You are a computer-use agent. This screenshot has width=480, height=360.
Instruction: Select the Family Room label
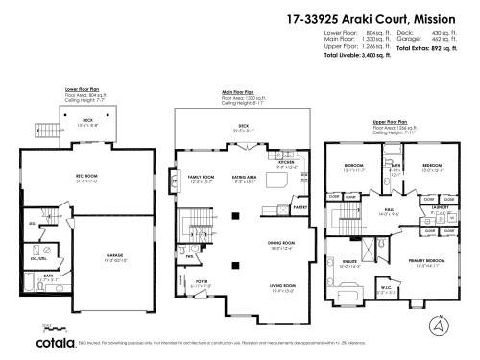click(x=202, y=178)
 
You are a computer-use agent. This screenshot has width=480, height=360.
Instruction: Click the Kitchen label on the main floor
click(x=285, y=162)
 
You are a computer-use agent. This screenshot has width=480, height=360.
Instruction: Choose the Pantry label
click(x=299, y=206)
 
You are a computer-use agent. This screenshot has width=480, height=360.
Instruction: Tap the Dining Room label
click(x=280, y=243)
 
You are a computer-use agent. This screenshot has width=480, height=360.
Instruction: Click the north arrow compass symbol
click(x=440, y=328)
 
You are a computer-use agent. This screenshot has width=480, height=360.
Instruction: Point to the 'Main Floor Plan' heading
click(x=236, y=93)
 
